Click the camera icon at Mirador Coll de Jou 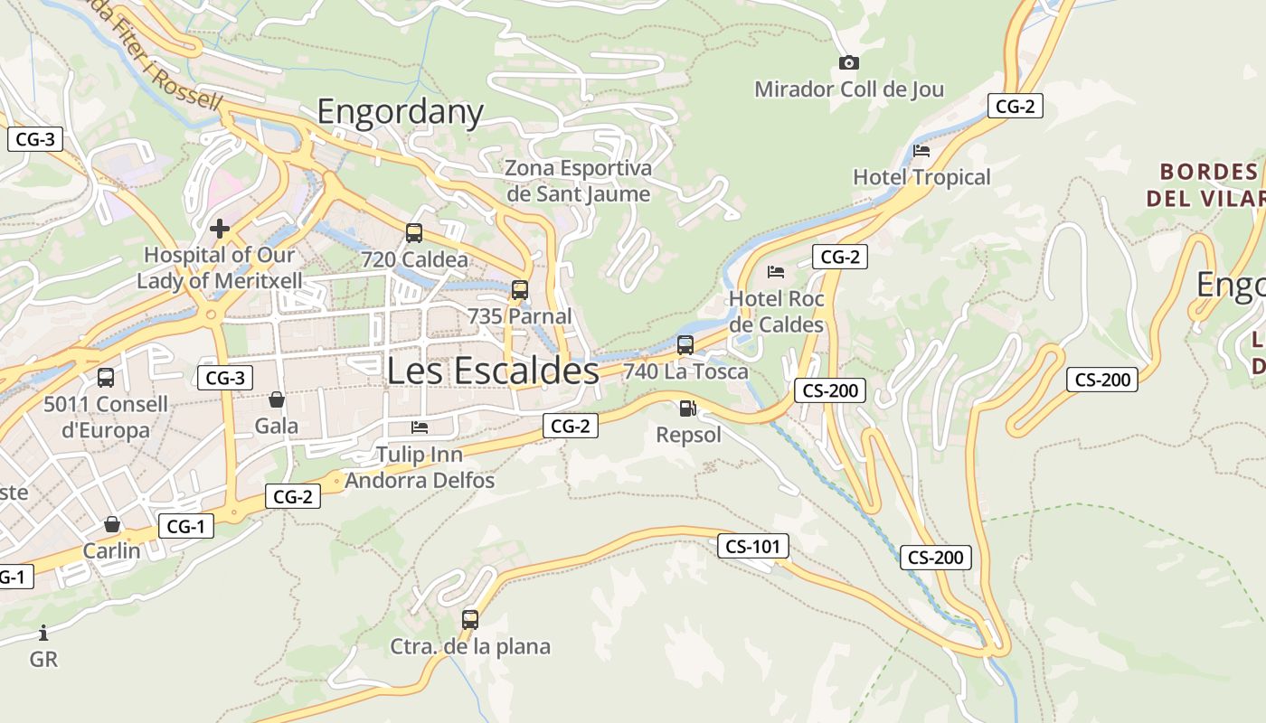coord(848,62)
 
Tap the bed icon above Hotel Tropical coord(921,150)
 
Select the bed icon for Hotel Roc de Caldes coord(776,271)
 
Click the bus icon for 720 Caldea coord(414,233)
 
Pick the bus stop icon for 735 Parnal coord(520,290)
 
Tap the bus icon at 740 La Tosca coord(685,344)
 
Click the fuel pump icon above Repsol coord(688,408)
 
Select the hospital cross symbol coord(219,229)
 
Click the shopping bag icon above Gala coord(277,399)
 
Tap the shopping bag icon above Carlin coord(112,524)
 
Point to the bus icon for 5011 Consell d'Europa coord(106,378)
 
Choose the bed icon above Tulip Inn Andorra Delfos coord(420,427)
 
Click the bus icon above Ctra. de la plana coord(470,620)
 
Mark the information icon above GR coord(43,633)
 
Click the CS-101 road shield coord(753,546)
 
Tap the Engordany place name coord(400,111)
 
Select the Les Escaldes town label coord(493,371)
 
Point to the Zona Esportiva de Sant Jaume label coord(578,181)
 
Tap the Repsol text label coord(689,435)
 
